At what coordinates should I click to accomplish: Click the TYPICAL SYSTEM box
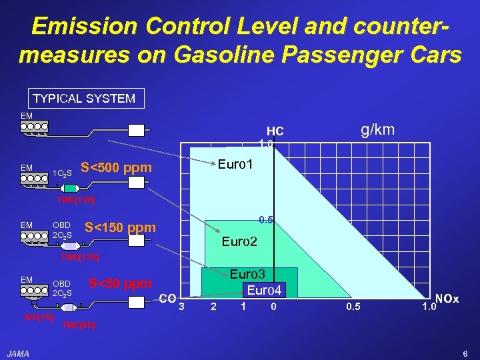point(84,99)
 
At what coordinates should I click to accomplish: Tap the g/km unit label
point(378,129)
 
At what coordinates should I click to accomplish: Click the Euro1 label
point(235,163)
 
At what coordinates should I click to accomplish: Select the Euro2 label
point(240,241)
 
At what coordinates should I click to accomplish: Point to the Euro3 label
point(247,274)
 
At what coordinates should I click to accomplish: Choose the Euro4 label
point(265,290)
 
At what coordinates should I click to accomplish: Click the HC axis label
point(275,131)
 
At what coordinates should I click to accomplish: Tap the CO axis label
point(168,298)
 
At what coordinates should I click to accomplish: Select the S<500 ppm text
point(115,167)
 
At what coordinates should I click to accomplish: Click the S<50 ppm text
point(120,283)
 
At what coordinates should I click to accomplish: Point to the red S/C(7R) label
point(39,316)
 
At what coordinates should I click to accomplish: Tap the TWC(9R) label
point(79,325)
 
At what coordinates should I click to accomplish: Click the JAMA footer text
point(18,353)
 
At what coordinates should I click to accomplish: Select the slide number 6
point(465,353)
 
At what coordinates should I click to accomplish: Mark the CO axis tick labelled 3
point(180,307)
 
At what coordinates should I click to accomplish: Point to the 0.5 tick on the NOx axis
point(353,307)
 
